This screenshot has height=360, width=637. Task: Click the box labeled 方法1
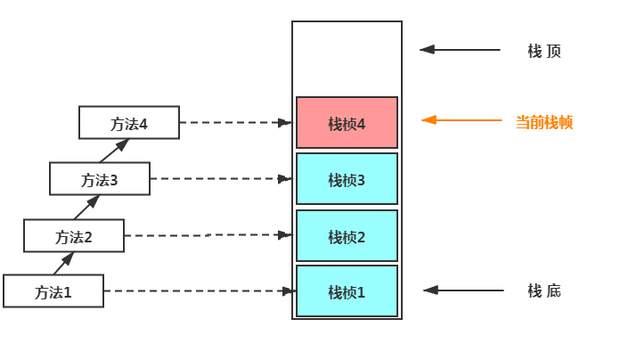[x=53, y=291]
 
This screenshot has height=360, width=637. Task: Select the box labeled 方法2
[x=74, y=236]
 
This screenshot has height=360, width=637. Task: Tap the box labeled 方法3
[x=100, y=179]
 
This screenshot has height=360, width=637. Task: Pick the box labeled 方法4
[x=128, y=123]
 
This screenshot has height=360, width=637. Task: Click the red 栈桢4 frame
[x=347, y=123]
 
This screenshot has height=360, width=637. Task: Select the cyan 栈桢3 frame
[x=347, y=179]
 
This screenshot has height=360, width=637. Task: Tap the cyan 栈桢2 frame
[x=347, y=236]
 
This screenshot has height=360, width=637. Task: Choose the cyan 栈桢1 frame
[x=347, y=291]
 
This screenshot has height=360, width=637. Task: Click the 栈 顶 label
[x=544, y=51]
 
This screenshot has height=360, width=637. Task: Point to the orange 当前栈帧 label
[x=544, y=122]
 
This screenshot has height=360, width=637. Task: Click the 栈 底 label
[x=544, y=290]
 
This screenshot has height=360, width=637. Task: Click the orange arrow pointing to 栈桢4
[x=461, y=119]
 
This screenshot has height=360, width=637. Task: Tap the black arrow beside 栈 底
[x=462, y=290]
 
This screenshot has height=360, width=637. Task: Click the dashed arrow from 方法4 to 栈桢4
[x=236, y=122]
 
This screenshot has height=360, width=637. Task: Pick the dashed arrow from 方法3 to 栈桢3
[x=221, y=179]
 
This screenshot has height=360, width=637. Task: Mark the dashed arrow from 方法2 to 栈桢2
[x=209, y=235]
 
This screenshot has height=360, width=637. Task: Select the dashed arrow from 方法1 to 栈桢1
[x=199, y=290]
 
